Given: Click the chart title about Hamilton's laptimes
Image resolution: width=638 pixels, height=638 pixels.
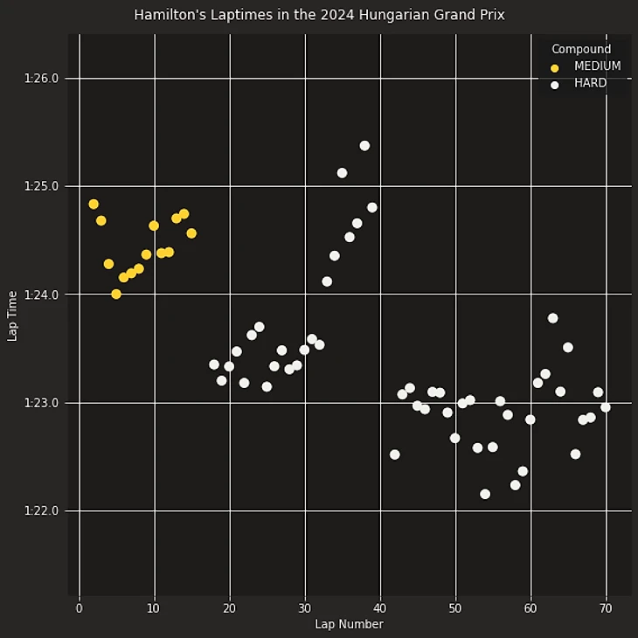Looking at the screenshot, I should coord(319,15).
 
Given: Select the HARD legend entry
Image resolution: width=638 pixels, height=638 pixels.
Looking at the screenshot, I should coord(590,84).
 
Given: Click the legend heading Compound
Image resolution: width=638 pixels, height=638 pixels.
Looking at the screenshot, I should coord(581,49).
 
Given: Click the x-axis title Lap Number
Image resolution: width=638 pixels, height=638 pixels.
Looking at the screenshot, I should coord(349,624).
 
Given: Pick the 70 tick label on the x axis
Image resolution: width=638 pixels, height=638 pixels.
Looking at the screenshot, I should coord(606,607).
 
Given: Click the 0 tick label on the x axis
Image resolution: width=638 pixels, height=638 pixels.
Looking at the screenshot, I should coord(79,607).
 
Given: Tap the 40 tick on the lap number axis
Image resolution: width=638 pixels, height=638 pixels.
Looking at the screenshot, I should coord(380,607).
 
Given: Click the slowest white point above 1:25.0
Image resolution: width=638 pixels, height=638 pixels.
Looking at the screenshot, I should coord(364,146).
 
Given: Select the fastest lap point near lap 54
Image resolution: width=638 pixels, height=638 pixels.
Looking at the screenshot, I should coord(485,494).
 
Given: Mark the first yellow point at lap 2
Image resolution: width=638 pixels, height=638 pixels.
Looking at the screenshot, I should coord(94,205).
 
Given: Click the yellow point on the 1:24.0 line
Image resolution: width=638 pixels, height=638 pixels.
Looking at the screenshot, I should coord(116,295).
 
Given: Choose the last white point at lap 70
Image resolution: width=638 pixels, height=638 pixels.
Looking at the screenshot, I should coord(606,407).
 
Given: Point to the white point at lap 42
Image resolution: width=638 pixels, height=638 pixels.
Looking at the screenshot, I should coord(395,454).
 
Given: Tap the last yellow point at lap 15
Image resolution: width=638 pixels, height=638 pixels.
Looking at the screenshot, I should coord(191,233).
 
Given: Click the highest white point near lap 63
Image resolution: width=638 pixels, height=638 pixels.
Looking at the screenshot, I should coord(552,318).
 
